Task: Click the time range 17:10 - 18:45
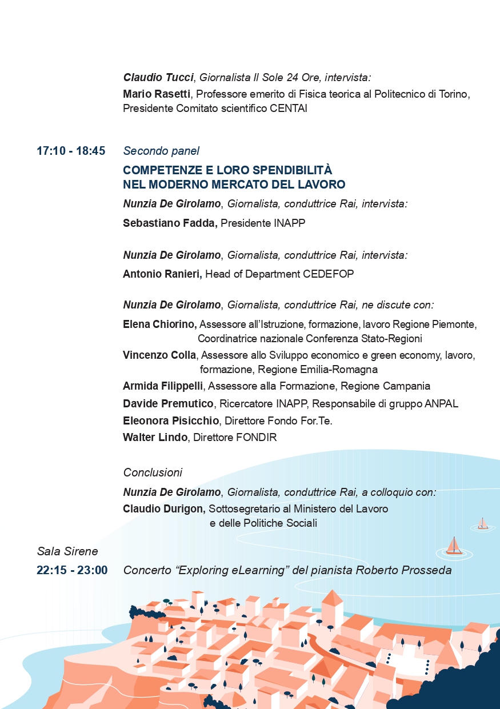[x=71, y=151]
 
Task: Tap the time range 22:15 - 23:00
[x=72, y=570]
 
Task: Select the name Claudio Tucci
[x=158, y=77]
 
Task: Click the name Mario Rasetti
[x=157, y=94]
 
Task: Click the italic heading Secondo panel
[x=161, y=151]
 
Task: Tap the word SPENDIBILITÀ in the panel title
[x=285, y=170]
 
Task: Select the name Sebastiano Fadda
[x=170, y=223]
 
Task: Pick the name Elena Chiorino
[x=159, y=325]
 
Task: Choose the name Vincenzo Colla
[x=159, y=355]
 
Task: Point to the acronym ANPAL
[x=441, y=404]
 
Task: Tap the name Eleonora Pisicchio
[x=171, y=421]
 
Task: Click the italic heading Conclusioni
[x=153, y=472]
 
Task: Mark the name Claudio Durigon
[x=164, y=508]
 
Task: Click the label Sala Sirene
[x=67, y=551]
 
